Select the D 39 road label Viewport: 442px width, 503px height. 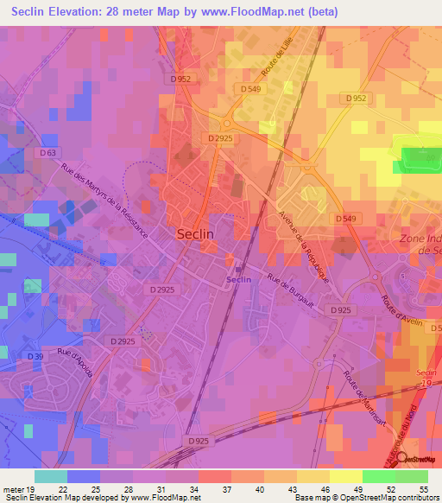point(35,356)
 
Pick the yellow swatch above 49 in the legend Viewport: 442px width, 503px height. point(345,476)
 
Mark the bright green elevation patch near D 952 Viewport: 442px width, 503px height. point(418,156)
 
